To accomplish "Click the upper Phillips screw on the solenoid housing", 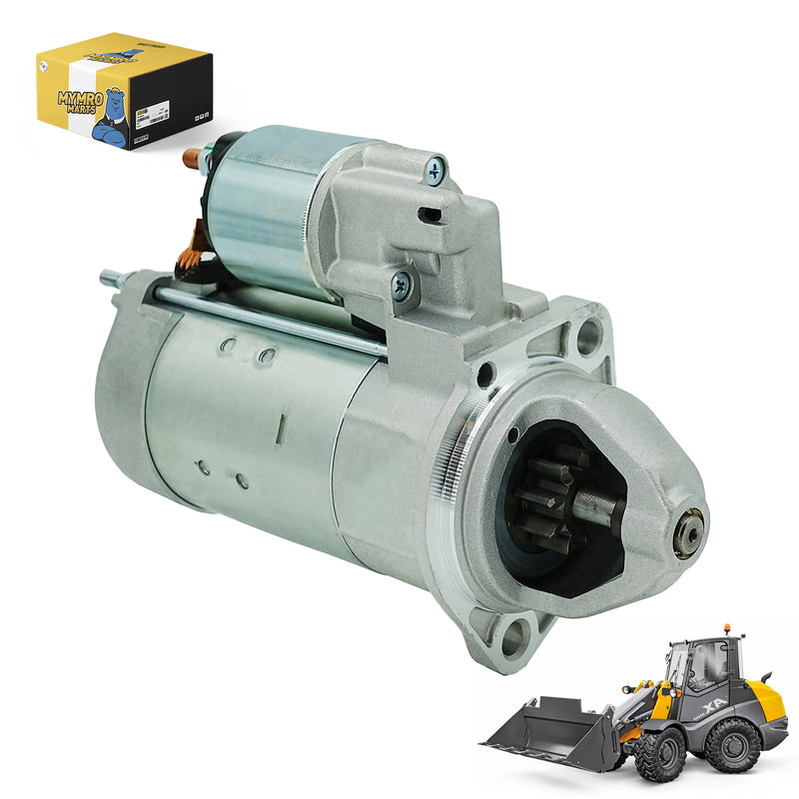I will [x=434, y=171].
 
